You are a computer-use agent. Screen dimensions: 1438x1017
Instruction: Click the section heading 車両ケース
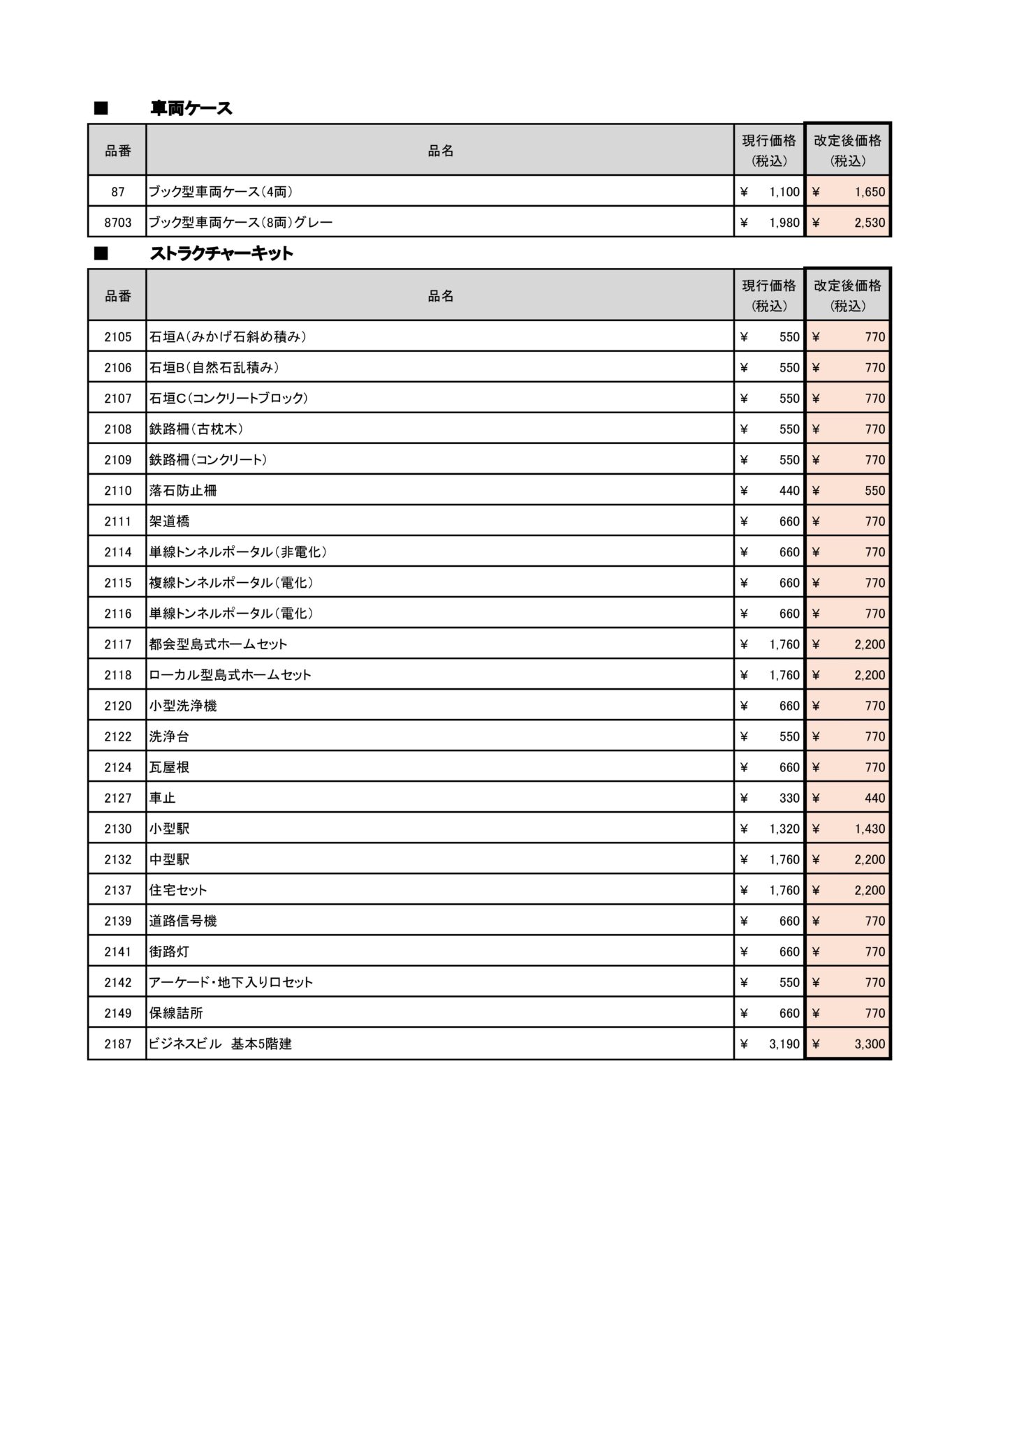click(191, 108)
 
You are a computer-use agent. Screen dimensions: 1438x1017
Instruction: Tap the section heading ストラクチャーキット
click(221, 253)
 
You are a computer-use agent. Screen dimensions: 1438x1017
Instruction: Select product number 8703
click(117, 223)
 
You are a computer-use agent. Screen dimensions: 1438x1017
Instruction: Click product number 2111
click(117, 521)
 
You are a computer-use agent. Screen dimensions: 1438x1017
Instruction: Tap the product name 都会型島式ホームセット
click(218, 644)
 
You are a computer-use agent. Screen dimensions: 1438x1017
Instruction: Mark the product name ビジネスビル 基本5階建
click(220, 1044)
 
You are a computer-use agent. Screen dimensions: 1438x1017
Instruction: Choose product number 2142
click(117, 982)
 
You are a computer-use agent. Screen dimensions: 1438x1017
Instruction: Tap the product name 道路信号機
click(183, 921)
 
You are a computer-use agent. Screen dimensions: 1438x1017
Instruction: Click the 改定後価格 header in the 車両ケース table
click(847, 150)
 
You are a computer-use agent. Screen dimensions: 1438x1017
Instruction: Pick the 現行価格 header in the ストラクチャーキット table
click(768, 295)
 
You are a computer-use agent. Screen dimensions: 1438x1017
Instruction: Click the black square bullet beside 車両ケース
click(101, 108)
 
